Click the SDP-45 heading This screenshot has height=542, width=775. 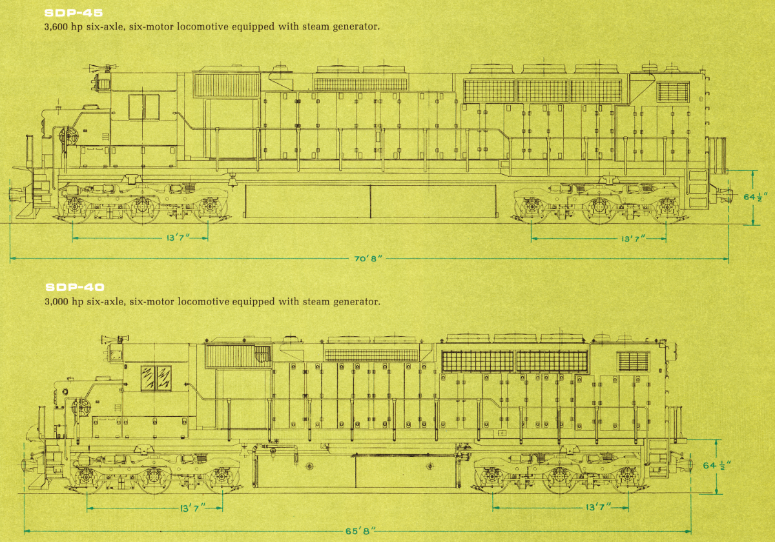point(74,12)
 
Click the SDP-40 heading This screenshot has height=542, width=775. point(74,287)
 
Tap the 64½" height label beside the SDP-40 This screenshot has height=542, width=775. point(716,465)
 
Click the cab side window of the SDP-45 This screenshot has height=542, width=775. point(143,106)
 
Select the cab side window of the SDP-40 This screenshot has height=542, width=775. point(156,378)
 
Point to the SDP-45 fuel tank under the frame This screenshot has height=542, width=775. point(369,201)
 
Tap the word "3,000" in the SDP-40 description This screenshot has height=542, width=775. point(58,301)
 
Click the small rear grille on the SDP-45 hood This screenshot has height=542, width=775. point(673,92)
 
